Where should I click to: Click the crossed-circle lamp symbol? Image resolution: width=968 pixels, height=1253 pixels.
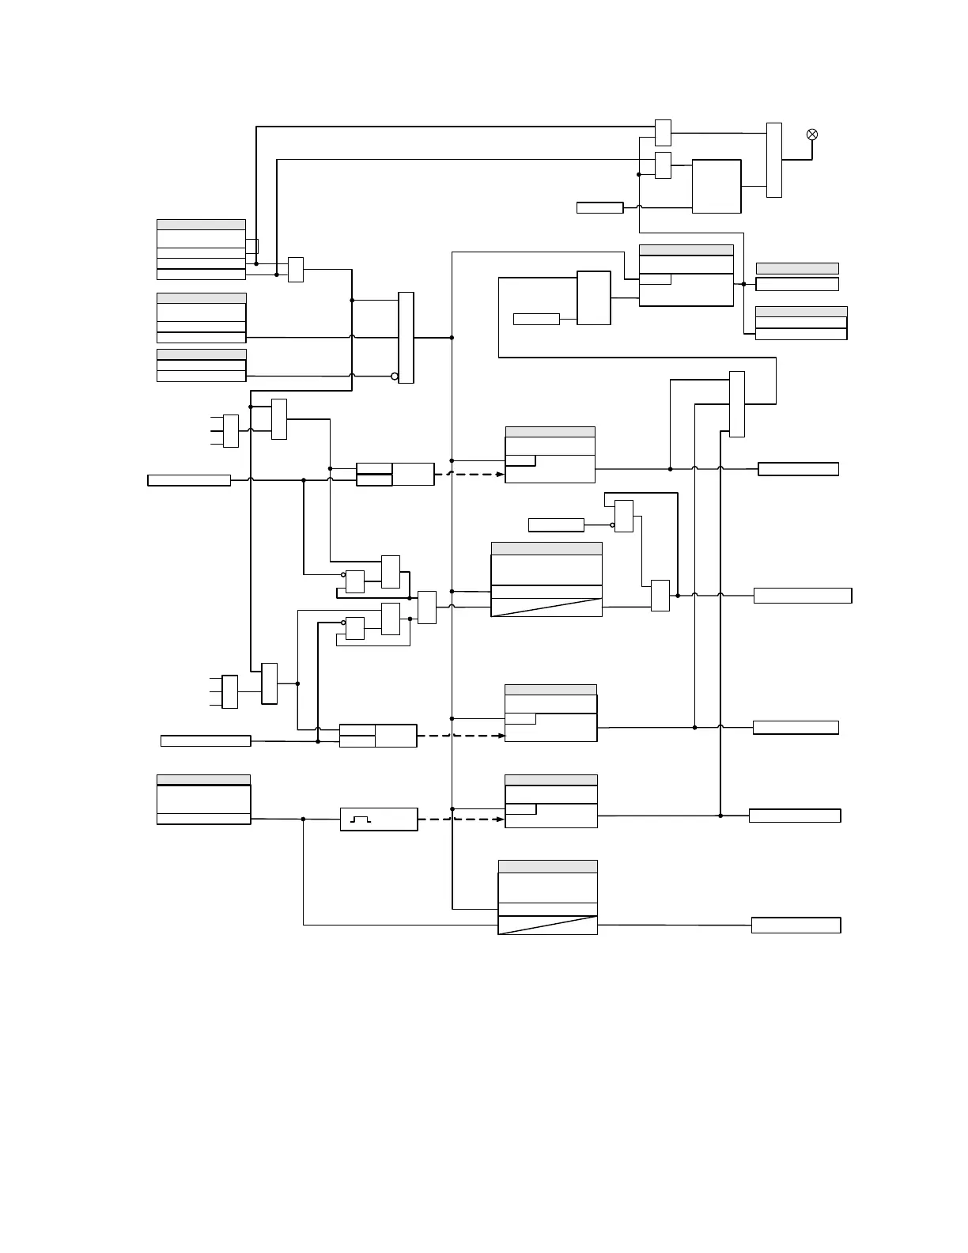point(811,134)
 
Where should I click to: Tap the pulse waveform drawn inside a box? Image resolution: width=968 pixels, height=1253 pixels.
point(361,820)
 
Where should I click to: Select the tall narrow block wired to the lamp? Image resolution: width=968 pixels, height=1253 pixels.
point(774,160)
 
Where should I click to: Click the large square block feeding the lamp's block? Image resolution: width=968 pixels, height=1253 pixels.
point(717,186)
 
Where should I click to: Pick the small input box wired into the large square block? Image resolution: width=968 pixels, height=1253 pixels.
point(599,208)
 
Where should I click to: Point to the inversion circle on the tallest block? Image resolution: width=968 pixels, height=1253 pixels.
point(395,376)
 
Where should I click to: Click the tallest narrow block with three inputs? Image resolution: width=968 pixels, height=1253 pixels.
point(406,338)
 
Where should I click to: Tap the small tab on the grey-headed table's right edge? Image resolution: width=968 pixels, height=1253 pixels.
point(252,246)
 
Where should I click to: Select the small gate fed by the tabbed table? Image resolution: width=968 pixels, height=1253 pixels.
point(296,270)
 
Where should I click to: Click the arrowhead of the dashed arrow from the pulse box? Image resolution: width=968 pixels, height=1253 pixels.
point(501,820)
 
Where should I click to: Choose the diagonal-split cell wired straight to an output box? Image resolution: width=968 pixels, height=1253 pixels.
point(547,925)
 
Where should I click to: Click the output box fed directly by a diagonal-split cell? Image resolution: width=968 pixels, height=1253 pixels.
point(796,926)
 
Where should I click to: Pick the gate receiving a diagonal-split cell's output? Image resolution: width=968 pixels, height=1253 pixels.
point(660,596)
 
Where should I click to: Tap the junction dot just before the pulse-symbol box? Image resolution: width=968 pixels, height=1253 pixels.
point(303,820)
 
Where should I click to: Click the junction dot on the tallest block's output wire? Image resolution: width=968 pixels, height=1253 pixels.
point(452,338)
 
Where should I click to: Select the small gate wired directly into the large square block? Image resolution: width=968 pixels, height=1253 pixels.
point(663,165)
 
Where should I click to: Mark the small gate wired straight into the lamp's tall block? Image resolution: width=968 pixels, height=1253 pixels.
point(663,133)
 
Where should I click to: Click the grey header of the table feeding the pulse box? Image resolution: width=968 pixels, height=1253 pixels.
point(203,780)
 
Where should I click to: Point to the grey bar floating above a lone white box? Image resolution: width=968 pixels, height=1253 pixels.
point(797,268)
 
